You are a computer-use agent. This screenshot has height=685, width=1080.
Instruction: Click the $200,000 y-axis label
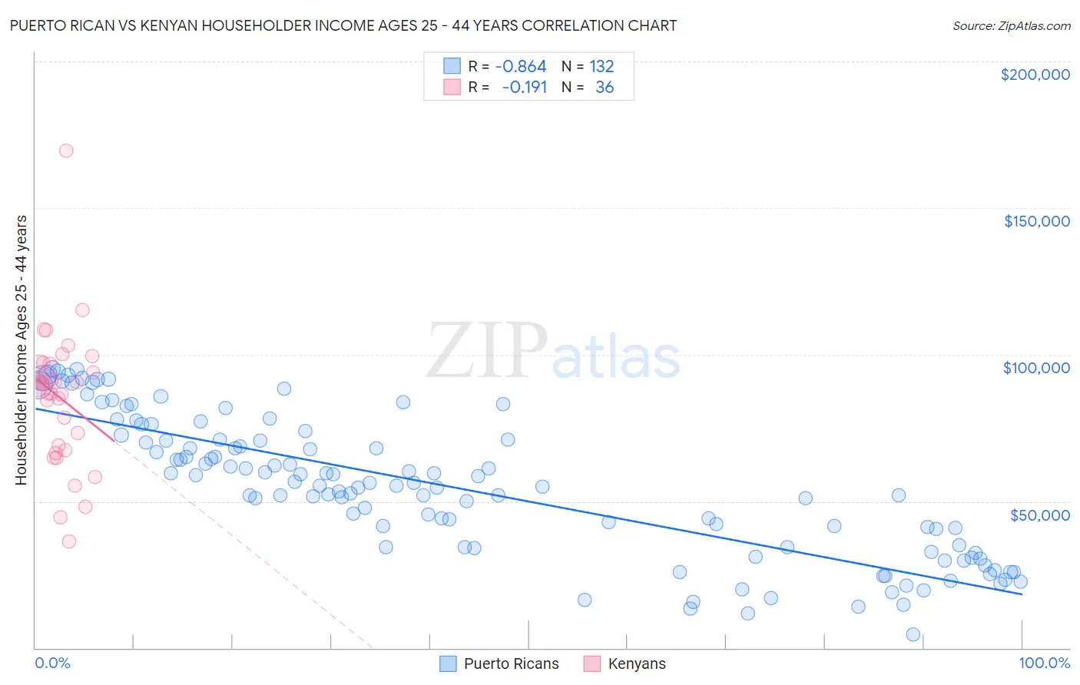1035,74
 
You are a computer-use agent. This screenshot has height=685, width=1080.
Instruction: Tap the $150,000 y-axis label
1036,221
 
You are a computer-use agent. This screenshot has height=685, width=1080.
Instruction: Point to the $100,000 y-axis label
1036,368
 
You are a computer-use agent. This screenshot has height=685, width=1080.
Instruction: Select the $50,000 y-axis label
1039,515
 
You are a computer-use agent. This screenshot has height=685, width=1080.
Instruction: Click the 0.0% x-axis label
52,663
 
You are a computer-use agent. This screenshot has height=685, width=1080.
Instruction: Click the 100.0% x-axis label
1044,663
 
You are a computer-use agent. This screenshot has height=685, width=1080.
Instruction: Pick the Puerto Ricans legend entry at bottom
499,663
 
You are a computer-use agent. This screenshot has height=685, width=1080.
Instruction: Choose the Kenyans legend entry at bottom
624,663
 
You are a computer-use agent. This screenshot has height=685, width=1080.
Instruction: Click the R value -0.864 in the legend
520,67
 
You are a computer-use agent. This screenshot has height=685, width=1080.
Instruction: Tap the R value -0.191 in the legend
524,88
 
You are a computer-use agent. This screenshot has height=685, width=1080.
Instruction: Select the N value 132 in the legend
601,67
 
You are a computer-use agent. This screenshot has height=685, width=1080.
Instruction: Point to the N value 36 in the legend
605,88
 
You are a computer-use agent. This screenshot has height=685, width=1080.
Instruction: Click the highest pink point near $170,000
66,151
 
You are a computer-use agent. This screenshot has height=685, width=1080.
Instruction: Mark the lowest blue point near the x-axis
913,634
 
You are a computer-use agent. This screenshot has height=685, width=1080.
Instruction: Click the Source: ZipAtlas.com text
1011,25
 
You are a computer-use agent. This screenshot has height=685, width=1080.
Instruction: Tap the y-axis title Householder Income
21,349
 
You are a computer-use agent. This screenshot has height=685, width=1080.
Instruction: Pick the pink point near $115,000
82,310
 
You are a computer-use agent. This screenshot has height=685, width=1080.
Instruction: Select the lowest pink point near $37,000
69,541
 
